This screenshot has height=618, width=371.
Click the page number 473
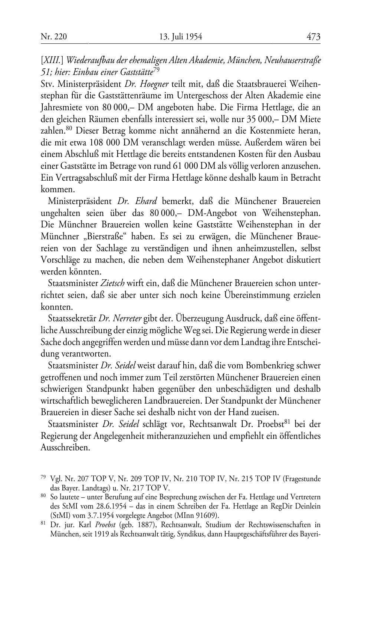[x=313, y=37]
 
